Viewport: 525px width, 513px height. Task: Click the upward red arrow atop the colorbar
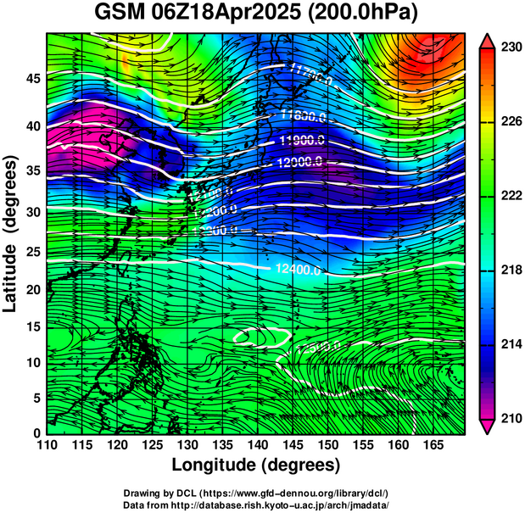pyautogui.click(x=488, y=40)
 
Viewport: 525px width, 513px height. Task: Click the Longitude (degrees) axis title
pyautogui.click(x=256, y=466)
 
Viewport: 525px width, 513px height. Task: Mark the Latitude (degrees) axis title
pyautogui.click(x=12, y=232)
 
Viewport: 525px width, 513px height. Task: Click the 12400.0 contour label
pyautogui.click(x=299, y=270)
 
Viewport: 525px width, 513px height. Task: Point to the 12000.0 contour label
pyautogui.click(x=299, y=161)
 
